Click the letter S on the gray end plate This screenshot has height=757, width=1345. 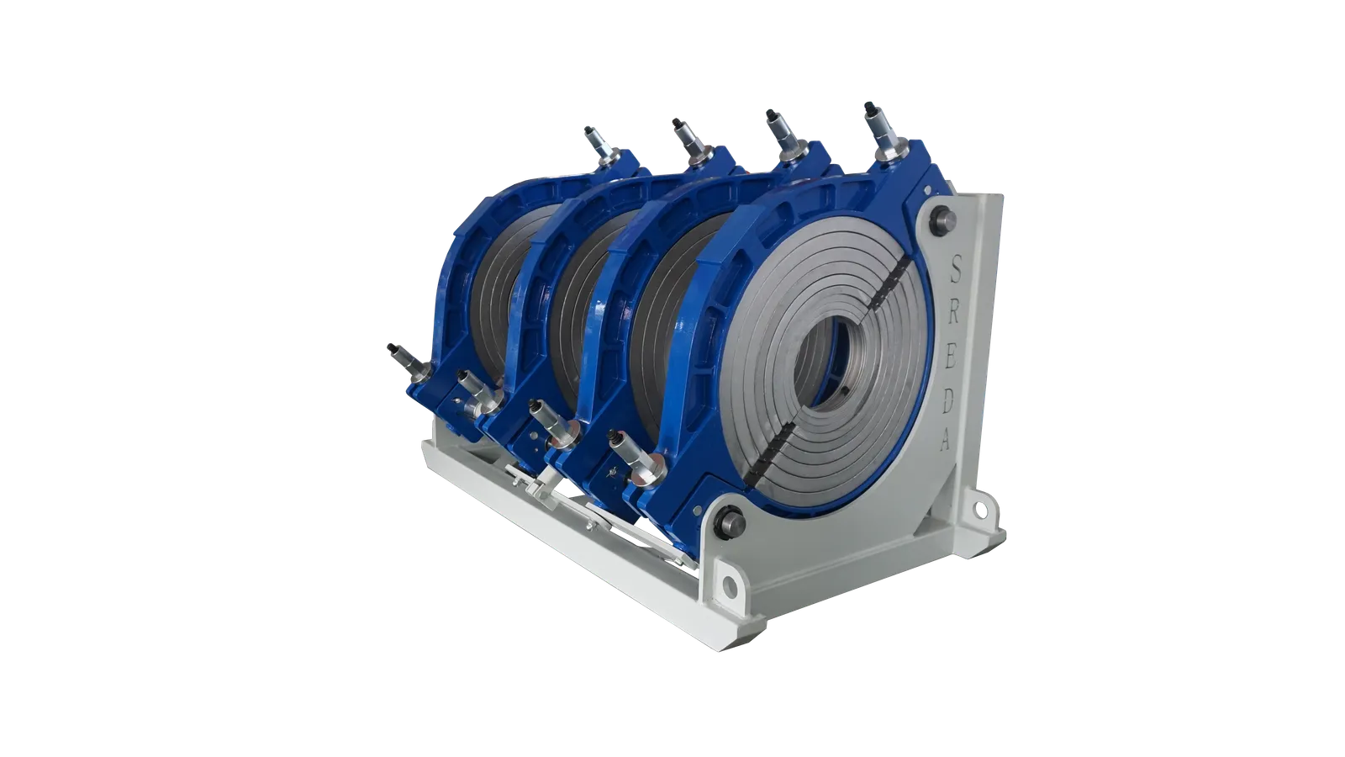957,267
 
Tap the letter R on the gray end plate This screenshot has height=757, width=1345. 955,310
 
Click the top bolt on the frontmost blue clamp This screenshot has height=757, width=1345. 883,131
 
